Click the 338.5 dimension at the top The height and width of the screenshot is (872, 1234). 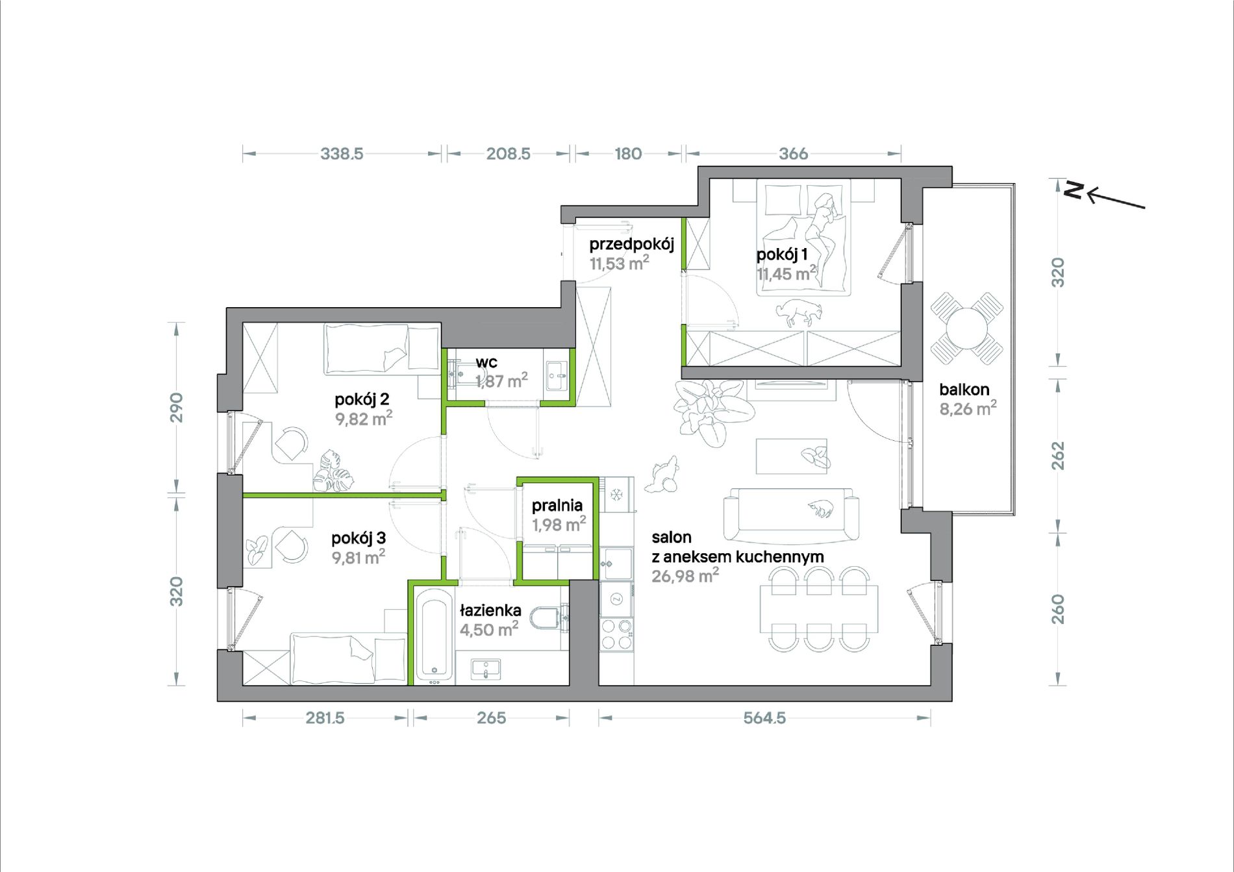point(342,154)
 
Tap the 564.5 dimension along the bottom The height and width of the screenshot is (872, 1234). point(764,718)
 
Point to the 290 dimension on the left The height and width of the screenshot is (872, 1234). point(177,407)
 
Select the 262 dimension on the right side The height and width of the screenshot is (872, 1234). point(1058,455)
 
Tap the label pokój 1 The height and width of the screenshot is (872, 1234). point(782,255)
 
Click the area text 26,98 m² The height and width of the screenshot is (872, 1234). point(685,575)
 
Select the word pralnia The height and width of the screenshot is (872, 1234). point(557,505)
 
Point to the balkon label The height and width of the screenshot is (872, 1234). point(964,390)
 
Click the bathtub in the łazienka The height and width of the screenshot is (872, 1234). point(433,634)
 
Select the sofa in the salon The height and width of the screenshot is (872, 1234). point(791,515)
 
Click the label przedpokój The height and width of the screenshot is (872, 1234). point(631,244)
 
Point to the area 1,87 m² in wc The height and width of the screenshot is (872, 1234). point(501,380)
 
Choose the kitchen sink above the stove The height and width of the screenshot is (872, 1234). point(616,564)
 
